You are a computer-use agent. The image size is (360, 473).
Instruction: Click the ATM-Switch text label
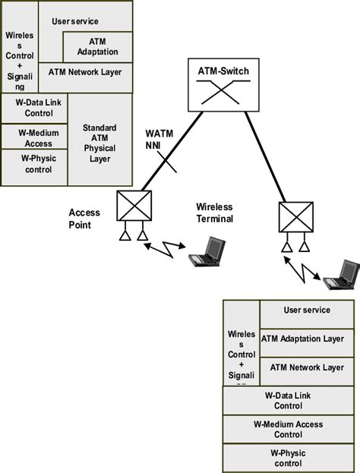pyautogui.click(x=223, y=73)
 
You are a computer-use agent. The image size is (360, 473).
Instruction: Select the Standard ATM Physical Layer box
pyautogui.click(x=99, y=143)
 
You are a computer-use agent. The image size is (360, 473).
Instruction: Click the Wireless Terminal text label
pyautogui.click(x=214, y=212)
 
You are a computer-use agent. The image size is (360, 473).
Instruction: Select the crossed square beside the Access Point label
pyautogui.click(x=134, y=206)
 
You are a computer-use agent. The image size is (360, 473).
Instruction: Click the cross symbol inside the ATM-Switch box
pyautogui.click(x=223, y=92)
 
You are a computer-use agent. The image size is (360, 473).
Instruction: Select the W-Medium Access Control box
pyautogui.click(x=288, y=430)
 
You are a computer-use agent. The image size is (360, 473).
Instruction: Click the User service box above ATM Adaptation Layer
pyautogui.click(x=306, y=311)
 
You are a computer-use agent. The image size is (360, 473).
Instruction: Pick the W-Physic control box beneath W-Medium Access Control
pyautogui.click(x=288, y=457)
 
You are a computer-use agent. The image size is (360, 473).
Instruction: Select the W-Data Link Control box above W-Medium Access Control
pyautogui.click(x=288, y=400)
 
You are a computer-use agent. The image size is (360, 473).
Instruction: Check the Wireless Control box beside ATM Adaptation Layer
pyautogui.click(x=241, y=353)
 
